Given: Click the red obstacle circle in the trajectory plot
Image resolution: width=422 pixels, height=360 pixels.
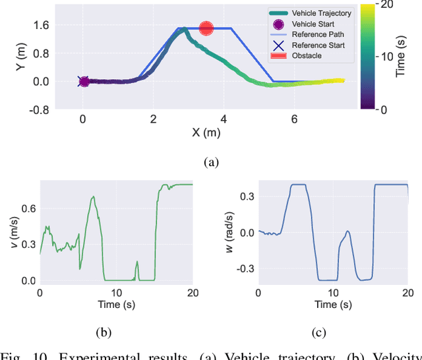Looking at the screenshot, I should (206, 28).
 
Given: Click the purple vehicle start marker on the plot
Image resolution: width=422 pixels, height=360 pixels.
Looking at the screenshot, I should (84, 82).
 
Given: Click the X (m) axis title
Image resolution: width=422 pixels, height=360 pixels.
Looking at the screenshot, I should (206, 133).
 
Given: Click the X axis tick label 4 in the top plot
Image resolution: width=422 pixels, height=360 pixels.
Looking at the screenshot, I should (224, 119).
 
